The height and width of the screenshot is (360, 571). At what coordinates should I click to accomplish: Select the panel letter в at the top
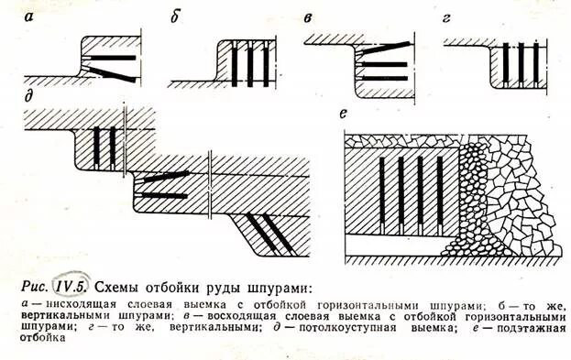point(309,18)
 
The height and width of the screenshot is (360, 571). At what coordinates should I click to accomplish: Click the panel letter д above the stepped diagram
point(30,96)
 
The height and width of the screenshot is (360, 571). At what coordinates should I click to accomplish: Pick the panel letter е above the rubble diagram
point(340,115)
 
